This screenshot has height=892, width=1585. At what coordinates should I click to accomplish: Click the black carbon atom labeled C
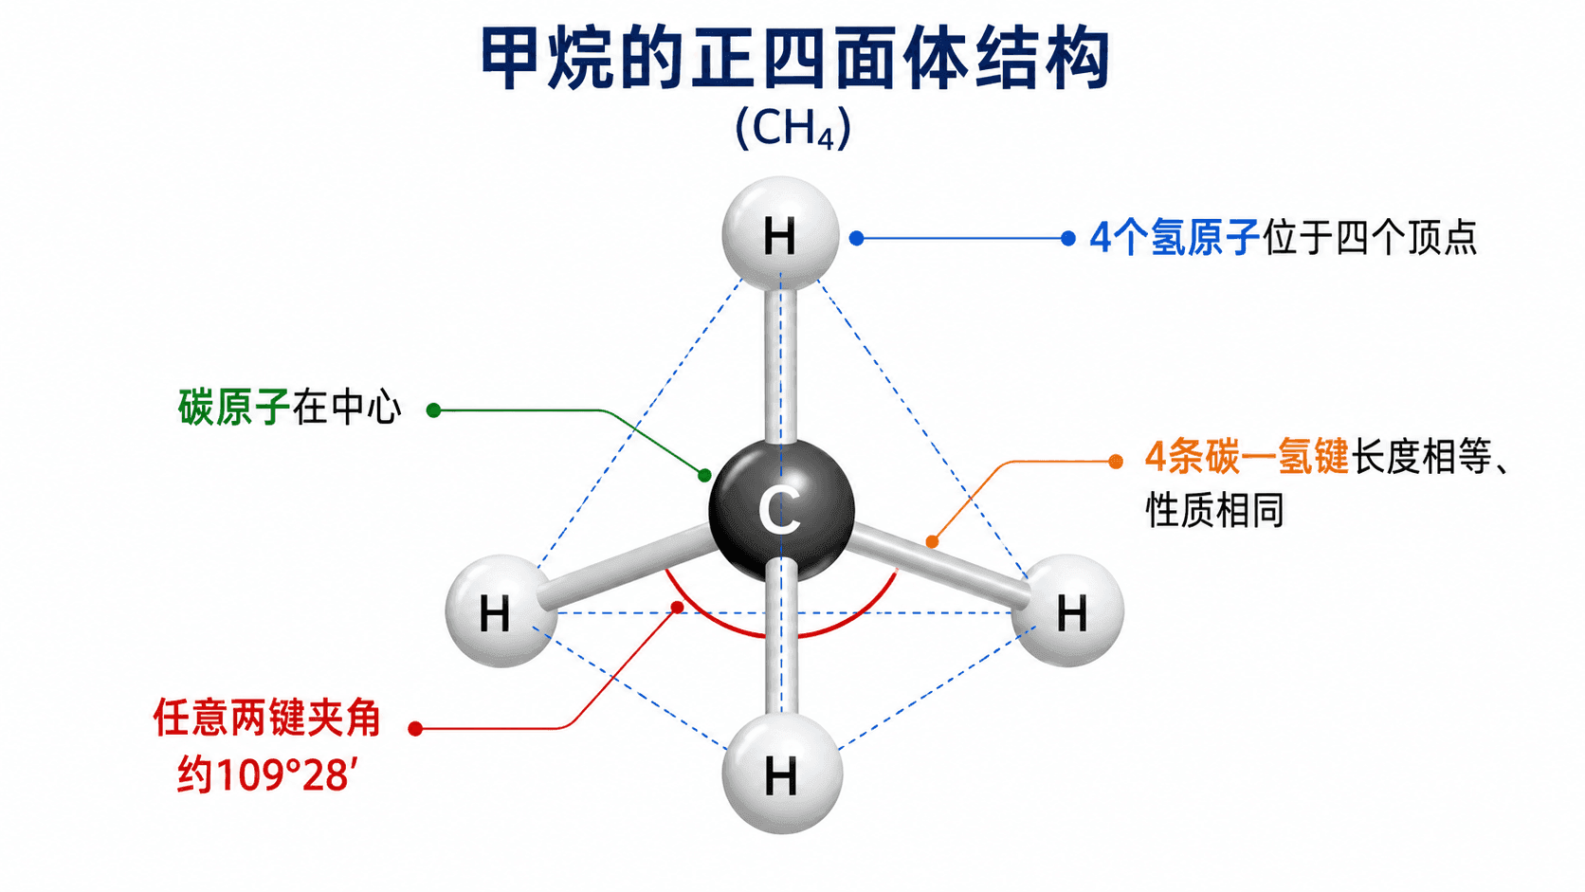coord(781,510)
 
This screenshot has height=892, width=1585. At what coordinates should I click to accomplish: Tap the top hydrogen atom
coord(780,234)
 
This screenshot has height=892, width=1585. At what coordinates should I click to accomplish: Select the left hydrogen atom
coord(501,610)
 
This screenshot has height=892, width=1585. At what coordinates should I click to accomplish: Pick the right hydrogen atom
coord(1067,610)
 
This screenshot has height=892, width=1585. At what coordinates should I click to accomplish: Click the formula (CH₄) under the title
coord(792,129)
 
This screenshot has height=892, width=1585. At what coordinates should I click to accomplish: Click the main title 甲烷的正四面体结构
coord(795,58)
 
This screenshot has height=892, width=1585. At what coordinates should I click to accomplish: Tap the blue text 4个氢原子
coord(1174,237)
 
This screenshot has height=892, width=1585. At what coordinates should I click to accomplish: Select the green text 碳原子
coord(234,408)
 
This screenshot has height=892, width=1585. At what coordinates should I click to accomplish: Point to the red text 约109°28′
coord(263,775)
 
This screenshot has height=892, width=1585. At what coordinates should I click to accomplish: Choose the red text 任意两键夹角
coord(267,719)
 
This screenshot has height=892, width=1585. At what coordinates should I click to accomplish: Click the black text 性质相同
coord(1214,510)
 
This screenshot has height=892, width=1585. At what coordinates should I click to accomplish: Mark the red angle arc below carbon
coord(781,636)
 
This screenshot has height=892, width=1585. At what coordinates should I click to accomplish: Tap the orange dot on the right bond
coord(933,542)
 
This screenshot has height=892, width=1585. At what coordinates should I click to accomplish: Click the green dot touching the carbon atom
coord(704,475)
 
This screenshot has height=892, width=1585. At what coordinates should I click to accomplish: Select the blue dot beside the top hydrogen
coord(857,238)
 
